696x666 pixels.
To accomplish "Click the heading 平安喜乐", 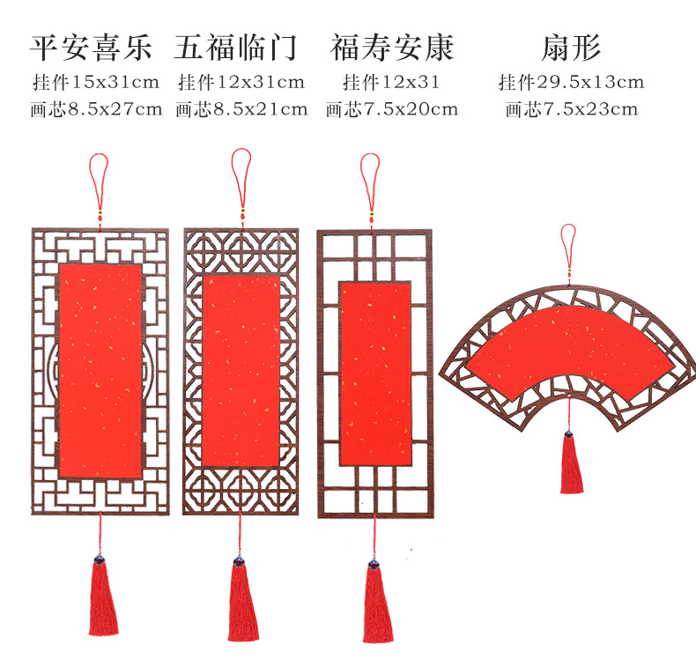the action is (92, 47).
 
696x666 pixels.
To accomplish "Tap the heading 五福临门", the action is (235, 47).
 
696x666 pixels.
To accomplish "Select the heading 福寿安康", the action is (392, 47).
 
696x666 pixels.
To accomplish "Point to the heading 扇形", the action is (571, 47).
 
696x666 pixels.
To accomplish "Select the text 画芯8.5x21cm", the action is (241, 109).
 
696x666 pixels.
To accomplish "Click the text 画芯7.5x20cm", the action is (392, 109).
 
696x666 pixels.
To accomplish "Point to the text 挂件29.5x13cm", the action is (571, 83).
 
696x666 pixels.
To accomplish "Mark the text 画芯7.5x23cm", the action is (571, 109).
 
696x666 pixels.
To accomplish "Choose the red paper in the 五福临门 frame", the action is (241, 370).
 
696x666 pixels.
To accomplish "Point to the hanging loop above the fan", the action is (568, 241).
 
